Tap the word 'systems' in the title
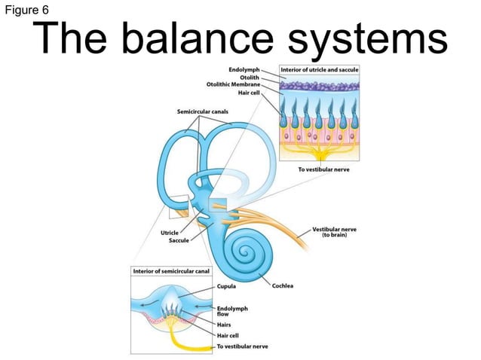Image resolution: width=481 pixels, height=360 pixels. pos(375,40)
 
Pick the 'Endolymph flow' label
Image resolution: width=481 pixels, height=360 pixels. pos(231,311)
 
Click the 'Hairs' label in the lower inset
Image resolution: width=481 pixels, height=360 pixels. pos(225,325)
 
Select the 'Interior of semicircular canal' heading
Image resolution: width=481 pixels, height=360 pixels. pos(171,270)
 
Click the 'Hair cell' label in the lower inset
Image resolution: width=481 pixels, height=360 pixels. pos(228,335)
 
